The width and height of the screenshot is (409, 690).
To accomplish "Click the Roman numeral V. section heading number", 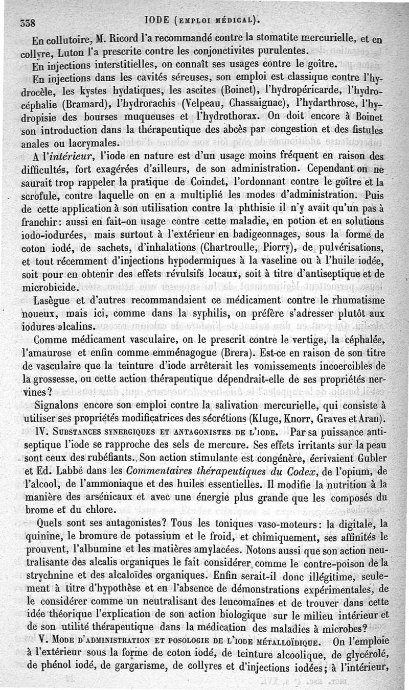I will click(39, 641).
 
